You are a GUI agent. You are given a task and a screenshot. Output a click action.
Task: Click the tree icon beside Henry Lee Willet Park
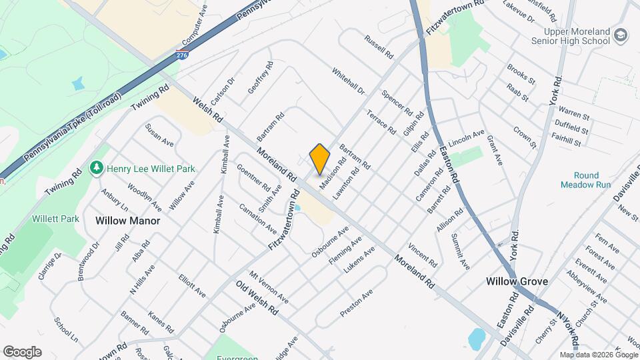(x=97, y=167)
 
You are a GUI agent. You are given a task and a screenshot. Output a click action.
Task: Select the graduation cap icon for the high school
(x=621, y=35)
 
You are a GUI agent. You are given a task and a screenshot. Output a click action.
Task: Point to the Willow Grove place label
(x=517, y=281)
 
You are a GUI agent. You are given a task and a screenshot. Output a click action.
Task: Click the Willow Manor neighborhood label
(x=127, y=219)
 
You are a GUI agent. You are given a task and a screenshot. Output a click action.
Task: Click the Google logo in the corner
(x=22, y=351)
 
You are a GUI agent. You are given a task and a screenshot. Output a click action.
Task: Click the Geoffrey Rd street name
(x=261, y=79)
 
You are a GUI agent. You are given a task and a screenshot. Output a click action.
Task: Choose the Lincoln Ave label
(x=467, y=139)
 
